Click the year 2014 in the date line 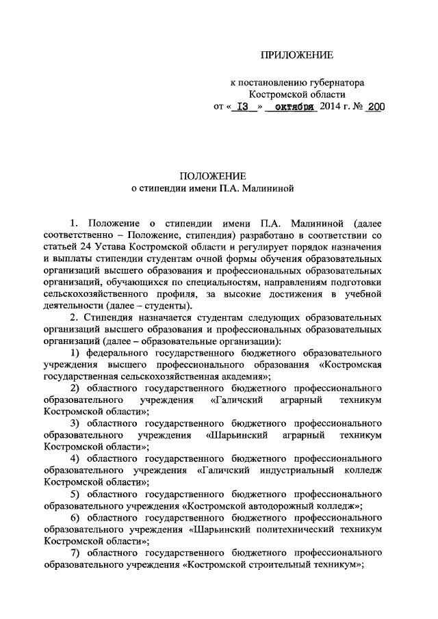[x=333, y=107]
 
